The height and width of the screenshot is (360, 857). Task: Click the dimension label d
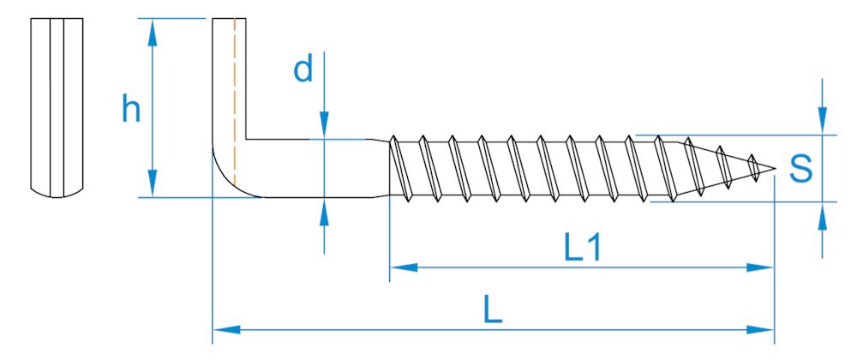[x=303, y=69]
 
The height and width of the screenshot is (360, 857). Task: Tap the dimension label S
[x=800, y=169]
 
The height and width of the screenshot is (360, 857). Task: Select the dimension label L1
[x=583, y=248]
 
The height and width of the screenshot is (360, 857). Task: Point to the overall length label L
[x=492, y=310]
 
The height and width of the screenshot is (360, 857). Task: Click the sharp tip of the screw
[x=774, y=168]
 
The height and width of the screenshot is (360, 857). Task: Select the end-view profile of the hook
[x=57, y=107]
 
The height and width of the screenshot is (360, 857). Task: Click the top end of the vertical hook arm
[x=229, y=21]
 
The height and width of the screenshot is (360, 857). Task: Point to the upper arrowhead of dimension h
[x=153, y=32]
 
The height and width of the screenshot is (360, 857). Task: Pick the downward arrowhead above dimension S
[x=823, y=122]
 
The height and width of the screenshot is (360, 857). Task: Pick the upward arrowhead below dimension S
[x=823, y=215]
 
